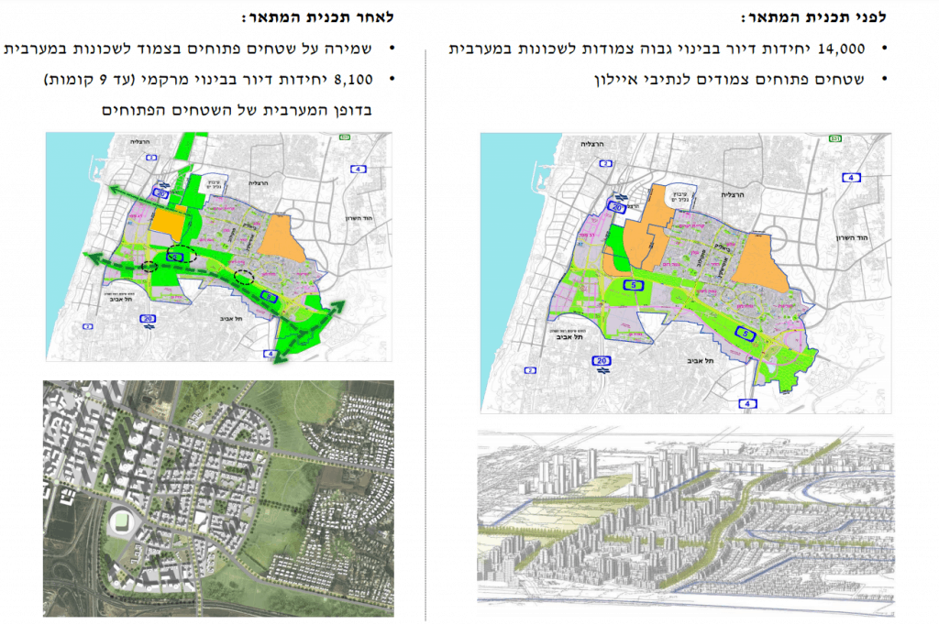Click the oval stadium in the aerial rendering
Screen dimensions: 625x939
[122, 521]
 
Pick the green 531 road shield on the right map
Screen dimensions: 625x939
[834, 138]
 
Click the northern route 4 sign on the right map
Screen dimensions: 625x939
[852, 178]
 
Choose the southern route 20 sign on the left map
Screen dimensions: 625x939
[149, 318]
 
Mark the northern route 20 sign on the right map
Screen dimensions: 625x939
[617, 209]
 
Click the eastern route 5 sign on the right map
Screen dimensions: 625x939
[748, 335]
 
